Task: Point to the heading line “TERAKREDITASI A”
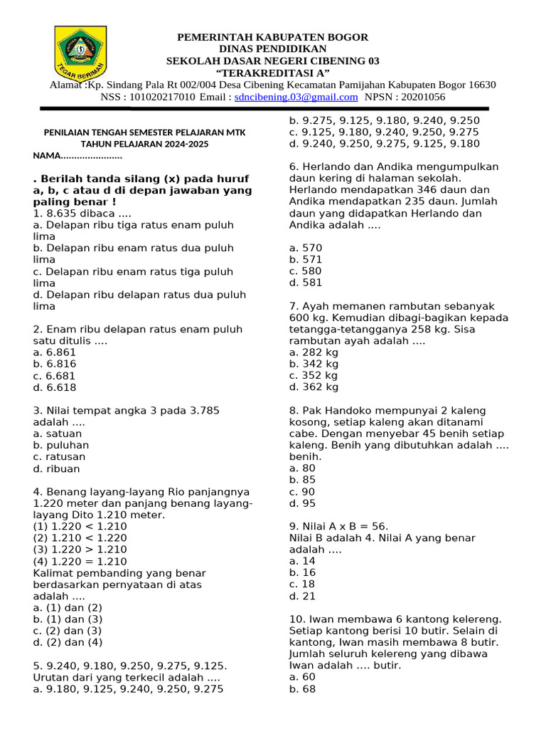(x=272, y=73)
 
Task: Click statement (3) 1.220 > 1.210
(x=80, y=550)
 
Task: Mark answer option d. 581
(x=306, y=283)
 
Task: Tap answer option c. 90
(x=302, y=492)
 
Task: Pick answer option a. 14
(x=302, y=561)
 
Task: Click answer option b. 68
(x=302, y=689)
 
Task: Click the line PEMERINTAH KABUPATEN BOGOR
(x=272, y=37)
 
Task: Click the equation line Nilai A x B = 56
(x=339, y=526)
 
